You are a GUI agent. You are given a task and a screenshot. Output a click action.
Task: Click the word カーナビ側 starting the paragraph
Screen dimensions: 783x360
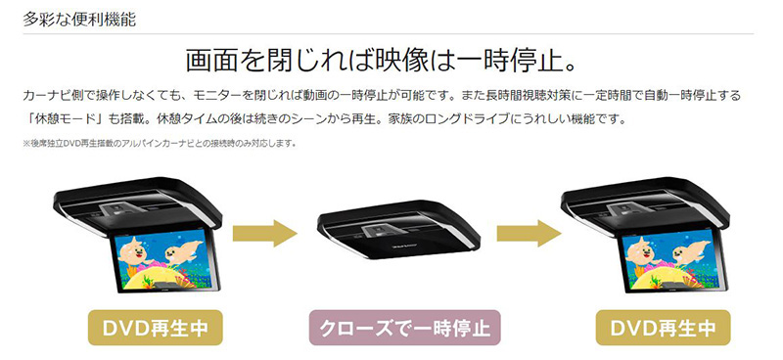[51, 96]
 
